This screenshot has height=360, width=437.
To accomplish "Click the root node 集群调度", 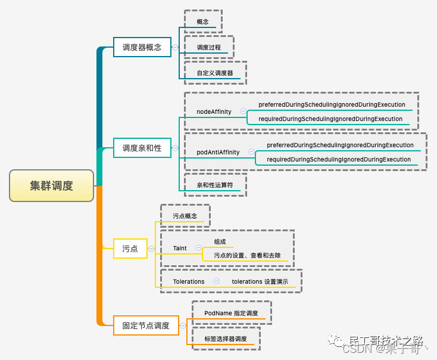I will coord(52,185).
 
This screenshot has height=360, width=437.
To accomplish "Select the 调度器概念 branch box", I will coord(142,47).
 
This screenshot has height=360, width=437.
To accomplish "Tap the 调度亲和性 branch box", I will coord(142,148).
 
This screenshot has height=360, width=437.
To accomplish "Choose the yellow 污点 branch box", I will coord(130,249).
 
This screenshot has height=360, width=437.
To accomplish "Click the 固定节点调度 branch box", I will coord(146,325).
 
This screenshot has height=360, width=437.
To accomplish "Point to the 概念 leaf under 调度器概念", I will coord(203,21).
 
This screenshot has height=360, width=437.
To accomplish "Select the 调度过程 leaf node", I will coord(209,47).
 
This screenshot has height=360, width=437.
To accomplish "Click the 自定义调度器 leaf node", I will coord(215,73).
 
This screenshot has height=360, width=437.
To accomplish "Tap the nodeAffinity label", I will coord(214,111).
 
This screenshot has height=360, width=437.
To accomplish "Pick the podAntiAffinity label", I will coord(218,152).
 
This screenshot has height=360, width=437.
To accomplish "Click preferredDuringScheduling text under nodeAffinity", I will coord(332,105).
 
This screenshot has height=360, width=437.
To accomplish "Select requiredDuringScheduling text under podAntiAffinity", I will coord(339,159).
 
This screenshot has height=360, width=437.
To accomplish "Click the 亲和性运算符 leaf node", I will coord(215,185).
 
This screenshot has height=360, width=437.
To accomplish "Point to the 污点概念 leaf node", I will coord(185,216).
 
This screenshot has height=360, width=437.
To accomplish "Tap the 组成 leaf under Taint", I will coord(220,241).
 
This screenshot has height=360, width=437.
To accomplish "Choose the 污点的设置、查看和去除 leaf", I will coord(247,256).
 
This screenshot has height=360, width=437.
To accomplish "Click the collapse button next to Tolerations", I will coord(216,281).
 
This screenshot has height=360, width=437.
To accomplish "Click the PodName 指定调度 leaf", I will coord(231,313).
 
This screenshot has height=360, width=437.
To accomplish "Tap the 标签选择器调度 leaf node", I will coord(225,339).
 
